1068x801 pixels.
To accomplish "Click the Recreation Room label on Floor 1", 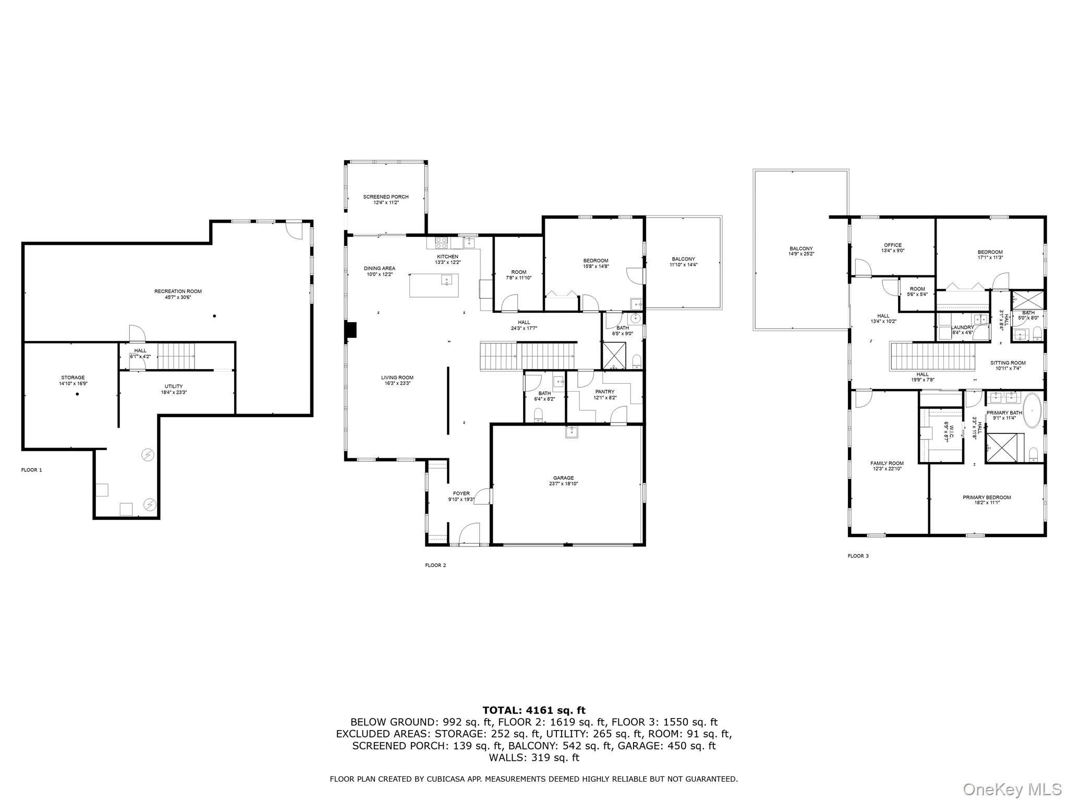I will [178, 292].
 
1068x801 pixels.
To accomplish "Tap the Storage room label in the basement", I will [72, 378].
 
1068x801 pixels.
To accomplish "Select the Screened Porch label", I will [386, 197].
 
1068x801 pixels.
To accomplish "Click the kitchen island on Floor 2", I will [434, 285].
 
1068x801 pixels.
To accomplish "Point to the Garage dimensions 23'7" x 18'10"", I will [563, 484].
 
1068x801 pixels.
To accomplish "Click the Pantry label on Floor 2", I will [605, 392].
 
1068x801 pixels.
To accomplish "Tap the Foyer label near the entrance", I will [461, 493].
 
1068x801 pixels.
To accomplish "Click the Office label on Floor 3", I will [893, 245].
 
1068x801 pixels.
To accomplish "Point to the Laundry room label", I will [963, 327].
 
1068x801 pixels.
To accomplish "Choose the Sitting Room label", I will [1008, 363].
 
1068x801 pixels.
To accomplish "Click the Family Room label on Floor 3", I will [887, 463].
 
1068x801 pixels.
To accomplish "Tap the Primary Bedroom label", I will [987, 497].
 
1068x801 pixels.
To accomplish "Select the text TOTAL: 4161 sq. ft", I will [534, 710].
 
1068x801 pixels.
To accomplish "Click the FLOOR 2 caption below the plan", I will [435, 565].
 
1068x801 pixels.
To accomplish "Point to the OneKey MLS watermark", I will [1012, 789].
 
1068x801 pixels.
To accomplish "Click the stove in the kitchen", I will [441, 242].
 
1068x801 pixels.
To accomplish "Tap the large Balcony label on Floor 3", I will [801, 249].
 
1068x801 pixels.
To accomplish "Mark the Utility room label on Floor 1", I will [174, 386].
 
